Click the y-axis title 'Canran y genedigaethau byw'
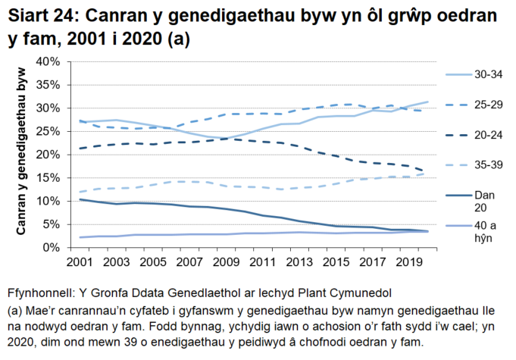click(22, 155)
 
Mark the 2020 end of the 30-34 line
click(428, 102)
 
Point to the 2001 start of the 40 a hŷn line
click(80, 237)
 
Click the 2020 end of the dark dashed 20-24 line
click(428, 171)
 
